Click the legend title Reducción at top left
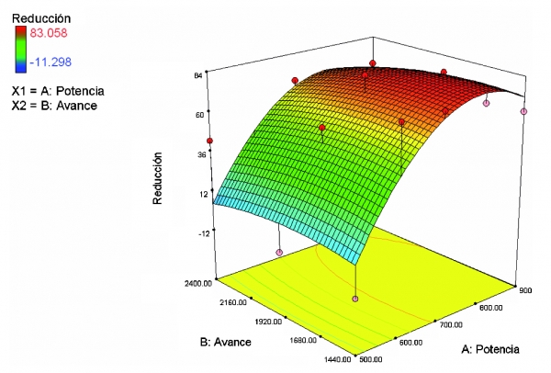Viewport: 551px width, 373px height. (35, 17)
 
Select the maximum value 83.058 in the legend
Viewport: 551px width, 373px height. (50, 33)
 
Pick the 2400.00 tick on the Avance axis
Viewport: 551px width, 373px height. (195, 285)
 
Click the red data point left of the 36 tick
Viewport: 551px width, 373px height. (210, 141)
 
